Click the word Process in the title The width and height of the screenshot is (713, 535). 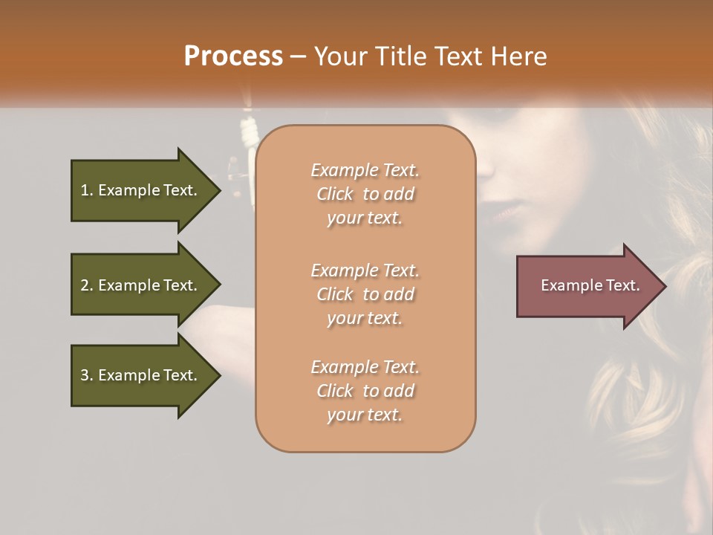tap(233, 56)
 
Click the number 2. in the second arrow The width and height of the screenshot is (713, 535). tap(87, 285)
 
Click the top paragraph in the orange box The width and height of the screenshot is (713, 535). tap(365, 194)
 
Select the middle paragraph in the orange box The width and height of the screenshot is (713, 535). tap(365, 294)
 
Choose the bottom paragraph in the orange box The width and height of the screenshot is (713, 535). tap(365, 391)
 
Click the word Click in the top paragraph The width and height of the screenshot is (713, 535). tap(335, 194)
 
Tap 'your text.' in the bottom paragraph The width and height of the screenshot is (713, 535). tap(365, 415)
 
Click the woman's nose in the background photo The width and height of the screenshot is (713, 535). tap(486, 167)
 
